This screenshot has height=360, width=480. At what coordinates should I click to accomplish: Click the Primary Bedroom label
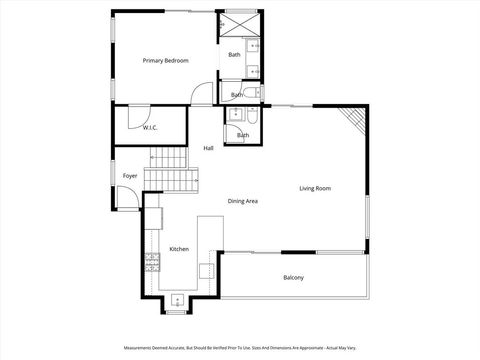point(165,61)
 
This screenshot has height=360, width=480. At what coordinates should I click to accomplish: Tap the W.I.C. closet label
point(150,128)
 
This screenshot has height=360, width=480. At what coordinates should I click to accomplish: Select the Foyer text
point(130,176)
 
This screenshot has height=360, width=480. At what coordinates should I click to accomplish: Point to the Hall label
point(208,148)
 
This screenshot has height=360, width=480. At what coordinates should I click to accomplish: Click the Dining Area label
point(243,201)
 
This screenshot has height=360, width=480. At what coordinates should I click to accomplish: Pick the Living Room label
point(315,188)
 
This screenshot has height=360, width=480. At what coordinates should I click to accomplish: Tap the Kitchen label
point(179,248)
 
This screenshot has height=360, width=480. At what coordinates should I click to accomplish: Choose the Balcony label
point(293,277)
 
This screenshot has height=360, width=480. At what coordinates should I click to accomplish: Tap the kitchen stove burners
point(153,264)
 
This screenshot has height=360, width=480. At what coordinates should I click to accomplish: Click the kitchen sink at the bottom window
point(178,297)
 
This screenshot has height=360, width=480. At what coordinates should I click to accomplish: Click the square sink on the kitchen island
point(205,270)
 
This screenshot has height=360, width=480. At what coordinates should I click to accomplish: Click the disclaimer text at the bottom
point(240,349)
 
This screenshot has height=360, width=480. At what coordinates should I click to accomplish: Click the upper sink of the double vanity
point(255,46)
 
